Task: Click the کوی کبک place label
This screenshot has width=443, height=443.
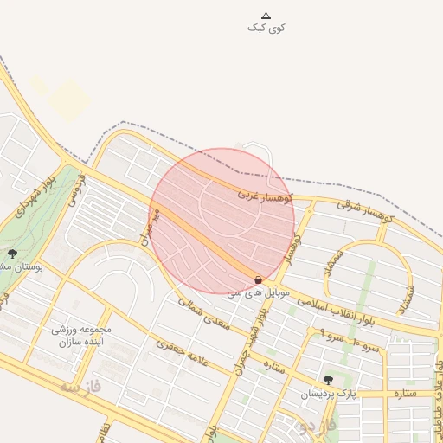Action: click(x=266, y=28)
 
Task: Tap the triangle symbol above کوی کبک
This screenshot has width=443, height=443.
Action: click(x=266, y=15)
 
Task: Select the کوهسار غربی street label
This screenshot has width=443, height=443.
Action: click(x=266, y=196)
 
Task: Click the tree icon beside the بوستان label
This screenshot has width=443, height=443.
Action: click(x=12, y=254)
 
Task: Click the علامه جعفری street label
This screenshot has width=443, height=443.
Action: click(x=183, y=356)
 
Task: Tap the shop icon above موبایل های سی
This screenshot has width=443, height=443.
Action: click(x=259, y=279)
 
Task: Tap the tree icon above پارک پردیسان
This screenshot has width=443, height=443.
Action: click(x=327, y=380)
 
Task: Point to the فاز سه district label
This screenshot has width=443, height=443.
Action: click(x=80, y=387)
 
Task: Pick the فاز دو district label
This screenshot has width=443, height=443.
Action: click(x=311, y=425)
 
